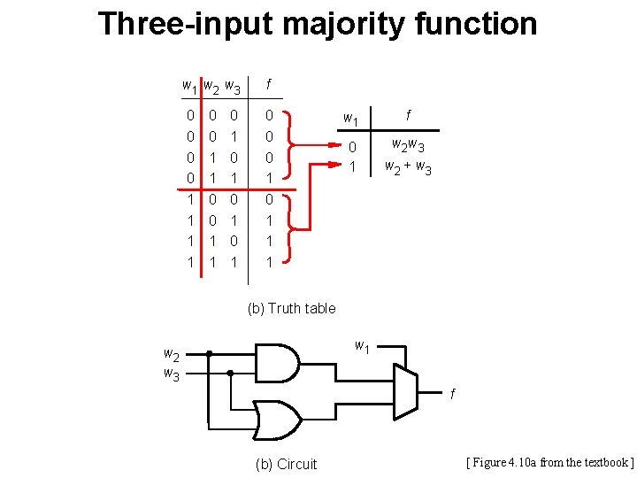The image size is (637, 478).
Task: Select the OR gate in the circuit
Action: point(277,419)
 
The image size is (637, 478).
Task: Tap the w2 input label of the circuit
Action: point(172,355)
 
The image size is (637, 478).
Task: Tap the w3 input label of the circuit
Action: point(172,374)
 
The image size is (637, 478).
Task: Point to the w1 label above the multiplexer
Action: point(362,345)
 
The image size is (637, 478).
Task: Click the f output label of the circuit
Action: point(452,393)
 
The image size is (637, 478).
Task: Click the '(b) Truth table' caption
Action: point(291,308)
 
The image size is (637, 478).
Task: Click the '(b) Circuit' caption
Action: point(285,464)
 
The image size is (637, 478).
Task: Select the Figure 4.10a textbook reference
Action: point(549,462)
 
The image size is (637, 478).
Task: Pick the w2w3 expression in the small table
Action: point(408,146)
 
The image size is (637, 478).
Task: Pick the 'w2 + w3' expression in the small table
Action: point(408,166)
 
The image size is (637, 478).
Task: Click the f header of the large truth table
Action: point(269,84)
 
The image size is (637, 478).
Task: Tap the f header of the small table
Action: point(408,114)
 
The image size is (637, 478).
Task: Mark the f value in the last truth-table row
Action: point(269,263)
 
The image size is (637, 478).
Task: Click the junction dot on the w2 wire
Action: point(209,354)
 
